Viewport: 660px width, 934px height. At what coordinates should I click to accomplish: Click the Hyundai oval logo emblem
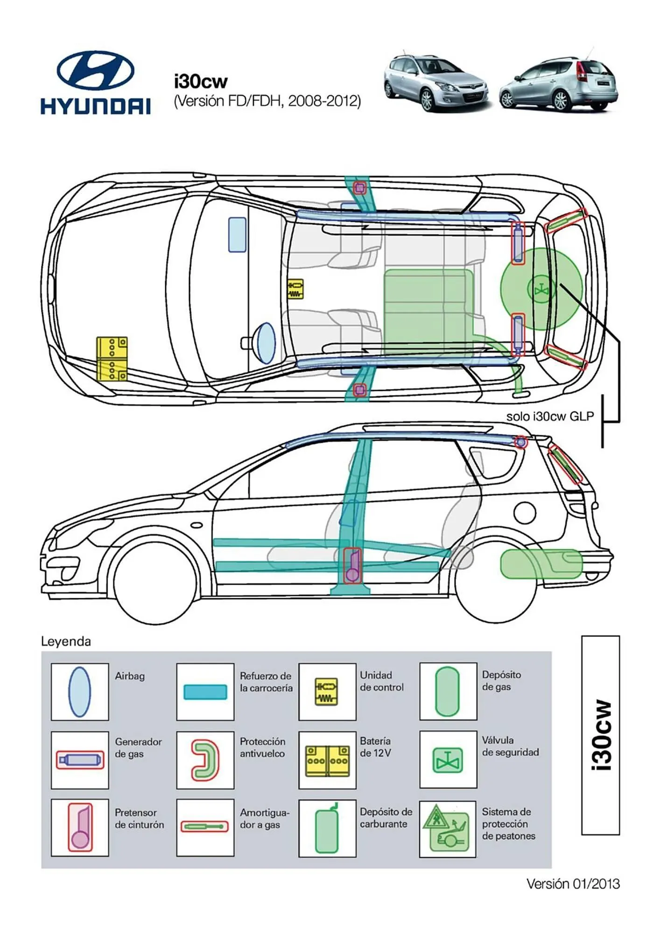(96, 71)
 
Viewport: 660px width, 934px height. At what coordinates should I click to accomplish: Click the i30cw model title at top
(201, 82)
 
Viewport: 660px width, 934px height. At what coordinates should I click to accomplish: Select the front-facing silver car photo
(435, 83)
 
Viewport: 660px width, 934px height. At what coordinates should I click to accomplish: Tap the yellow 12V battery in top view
(112, 359)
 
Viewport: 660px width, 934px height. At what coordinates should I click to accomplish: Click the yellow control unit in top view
(295, 289)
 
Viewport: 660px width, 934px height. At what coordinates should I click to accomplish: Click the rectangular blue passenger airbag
(237, 235)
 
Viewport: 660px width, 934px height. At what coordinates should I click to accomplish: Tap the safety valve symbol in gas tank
(541, 290)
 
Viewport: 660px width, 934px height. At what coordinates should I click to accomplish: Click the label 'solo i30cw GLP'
(550, 416)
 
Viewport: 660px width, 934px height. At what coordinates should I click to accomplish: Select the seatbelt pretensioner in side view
(352, 566)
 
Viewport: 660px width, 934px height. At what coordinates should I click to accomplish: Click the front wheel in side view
(154, 584)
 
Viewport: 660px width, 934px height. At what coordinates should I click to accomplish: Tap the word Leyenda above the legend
(66, 641)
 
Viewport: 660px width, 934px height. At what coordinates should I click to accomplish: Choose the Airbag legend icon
(79, 692)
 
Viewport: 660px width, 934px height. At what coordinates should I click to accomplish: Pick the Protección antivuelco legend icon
(205, 760)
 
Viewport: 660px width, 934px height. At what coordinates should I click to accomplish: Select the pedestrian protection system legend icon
(448, 829)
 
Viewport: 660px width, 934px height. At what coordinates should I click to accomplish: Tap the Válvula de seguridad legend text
(510, 746)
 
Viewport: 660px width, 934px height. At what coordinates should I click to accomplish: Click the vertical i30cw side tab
(601, 735)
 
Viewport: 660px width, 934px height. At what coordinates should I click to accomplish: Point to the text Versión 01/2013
(573, 884)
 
